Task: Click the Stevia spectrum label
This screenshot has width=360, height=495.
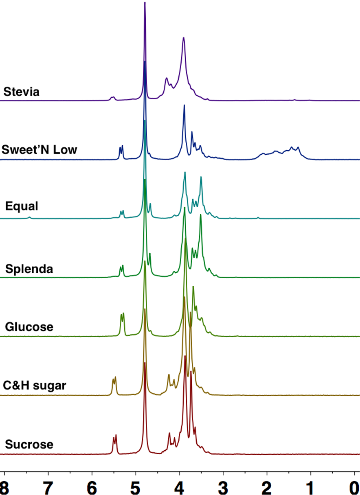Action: tap(22, 92)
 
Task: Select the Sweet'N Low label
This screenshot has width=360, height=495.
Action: tap(40, 150)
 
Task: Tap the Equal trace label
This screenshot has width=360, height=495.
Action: tap(22, 206)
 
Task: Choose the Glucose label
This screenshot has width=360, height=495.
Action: tap(29, 327)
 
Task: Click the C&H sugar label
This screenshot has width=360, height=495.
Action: tap(34, 385)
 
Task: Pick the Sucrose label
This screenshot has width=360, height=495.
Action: tap(29, 444)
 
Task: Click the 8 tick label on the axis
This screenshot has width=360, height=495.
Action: tap(4, 486)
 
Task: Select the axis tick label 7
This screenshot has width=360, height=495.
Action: tap(48, 486)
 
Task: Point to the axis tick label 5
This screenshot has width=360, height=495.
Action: tap(136, 486)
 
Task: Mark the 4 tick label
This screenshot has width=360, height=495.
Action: tap(179, 486)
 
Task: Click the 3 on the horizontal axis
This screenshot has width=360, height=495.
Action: tap(223, 486)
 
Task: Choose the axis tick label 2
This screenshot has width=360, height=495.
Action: tap(267, 486)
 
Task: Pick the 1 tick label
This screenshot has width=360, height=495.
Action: tap(311, 486)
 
